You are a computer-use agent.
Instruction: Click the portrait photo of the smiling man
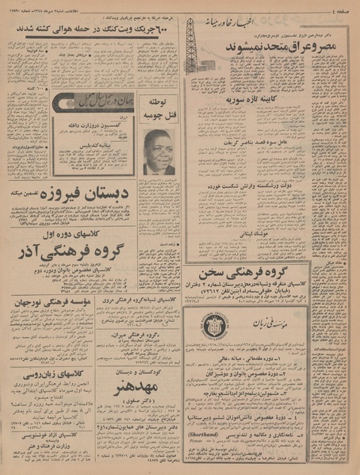point(159,150)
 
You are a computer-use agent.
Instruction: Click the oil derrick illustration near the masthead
point(191,44)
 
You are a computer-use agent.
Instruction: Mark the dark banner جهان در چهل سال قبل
point(82,104)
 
